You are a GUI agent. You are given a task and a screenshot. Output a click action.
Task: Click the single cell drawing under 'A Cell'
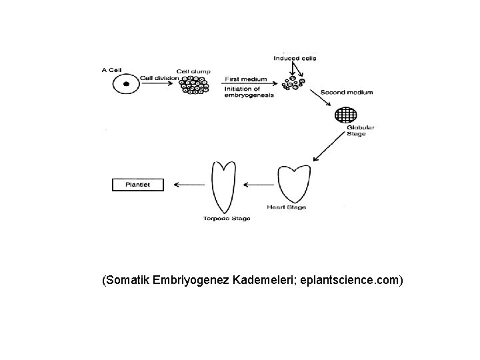[124, 85]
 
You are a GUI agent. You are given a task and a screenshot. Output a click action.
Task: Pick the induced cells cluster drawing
[294, 83]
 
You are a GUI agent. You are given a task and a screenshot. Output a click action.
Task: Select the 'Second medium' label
[346, 91]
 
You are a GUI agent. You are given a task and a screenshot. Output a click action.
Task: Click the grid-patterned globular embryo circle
[345, 115]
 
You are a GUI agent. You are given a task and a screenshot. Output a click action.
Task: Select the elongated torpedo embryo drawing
[222, 186]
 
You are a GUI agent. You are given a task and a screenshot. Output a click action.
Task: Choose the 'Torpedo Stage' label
[227, 219]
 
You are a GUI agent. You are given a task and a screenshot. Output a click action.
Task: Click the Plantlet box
[138, 185]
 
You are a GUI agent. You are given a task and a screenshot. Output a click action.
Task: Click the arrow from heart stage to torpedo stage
[258, 185]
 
